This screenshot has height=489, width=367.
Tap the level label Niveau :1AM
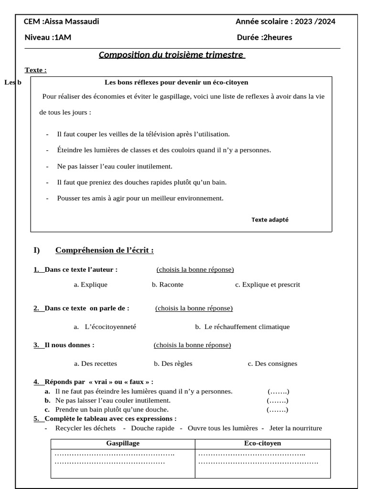point(48,38)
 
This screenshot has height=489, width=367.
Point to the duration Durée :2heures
point(264,38)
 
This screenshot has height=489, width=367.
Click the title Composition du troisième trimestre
point(172,54)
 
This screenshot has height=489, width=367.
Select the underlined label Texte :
point(35,70)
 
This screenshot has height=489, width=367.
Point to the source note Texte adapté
point(270,220)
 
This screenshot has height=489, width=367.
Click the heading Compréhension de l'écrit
point(104,250)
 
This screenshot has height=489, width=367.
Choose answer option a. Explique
point(90,285)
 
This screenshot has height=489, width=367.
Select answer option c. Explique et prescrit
point(268,285)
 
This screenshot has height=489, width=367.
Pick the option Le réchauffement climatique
point(242,327)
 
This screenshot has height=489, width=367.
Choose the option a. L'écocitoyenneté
point(105,327)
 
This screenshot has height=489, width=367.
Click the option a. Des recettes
point(96,363)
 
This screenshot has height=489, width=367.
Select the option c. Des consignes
point(272,363)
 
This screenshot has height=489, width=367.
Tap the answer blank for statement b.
point(277,400)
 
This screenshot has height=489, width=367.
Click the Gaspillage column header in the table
point(123,444)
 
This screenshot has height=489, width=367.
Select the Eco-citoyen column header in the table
point(262,444)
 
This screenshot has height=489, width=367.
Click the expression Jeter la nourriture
point(295,428)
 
